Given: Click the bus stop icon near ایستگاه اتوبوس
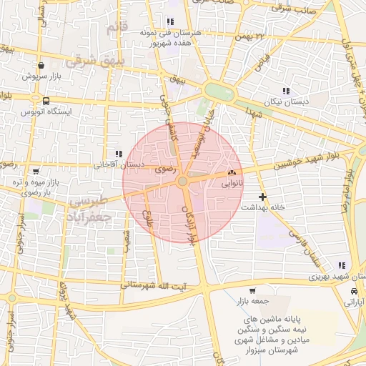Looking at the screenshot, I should point(46,101).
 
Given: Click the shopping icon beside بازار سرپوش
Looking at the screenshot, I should point(41,64).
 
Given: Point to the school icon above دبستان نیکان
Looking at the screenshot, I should point(287,91).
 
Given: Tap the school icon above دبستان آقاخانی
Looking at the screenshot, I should point(118,153).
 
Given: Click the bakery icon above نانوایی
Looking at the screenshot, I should point(231,174).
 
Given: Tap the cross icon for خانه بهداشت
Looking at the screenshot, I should point(262,196).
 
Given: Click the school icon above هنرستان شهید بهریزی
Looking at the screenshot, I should point(342,266).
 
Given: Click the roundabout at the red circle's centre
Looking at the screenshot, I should point(183,183).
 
